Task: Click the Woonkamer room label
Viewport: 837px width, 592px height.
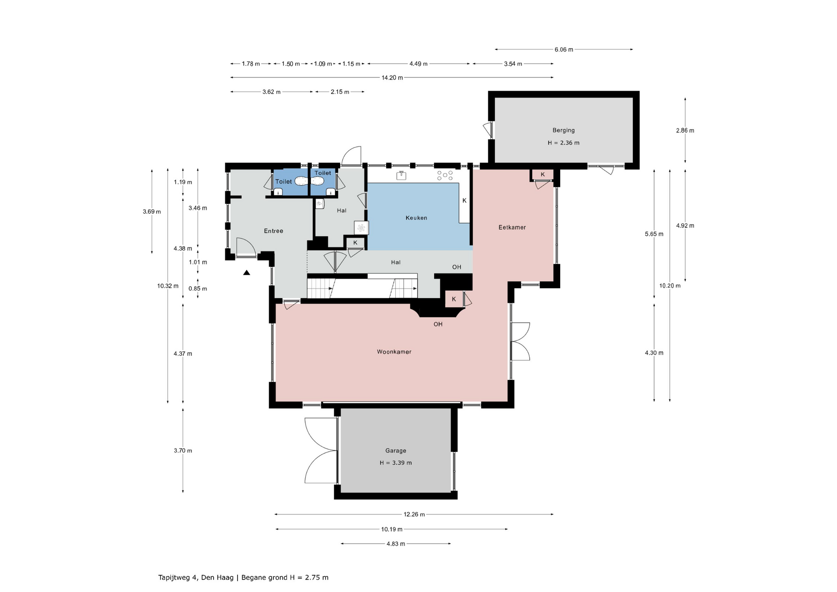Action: [x=394, y=352]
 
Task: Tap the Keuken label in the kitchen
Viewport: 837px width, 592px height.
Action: [x=416, y=218]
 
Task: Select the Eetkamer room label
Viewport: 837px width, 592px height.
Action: [x=512, y=227]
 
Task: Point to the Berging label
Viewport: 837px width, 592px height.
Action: [x=564, y=130]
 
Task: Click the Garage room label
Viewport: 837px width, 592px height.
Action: [x=396, y=451]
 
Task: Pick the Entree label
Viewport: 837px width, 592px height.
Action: [x=274, y=231]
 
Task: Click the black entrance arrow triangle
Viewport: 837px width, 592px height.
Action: [x=247, y=273]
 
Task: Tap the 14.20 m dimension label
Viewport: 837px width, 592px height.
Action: [x=392, y=78]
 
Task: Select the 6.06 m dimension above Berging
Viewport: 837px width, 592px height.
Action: [x=564, y=50]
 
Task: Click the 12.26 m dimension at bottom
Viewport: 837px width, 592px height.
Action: [x=414, y=514]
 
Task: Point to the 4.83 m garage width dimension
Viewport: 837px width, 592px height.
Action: [x=396, y=544]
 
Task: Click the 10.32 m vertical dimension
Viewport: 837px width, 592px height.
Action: [x=168, y=286]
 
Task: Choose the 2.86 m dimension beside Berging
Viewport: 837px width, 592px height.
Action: [x=685, y=130]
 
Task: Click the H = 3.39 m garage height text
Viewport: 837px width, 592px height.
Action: [x=396, y=463]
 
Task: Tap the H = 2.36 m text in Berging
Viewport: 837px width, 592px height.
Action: [x=564, y=143]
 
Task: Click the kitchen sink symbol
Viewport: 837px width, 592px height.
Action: [x=401, y=175]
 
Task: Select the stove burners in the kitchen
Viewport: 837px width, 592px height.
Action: [x=445, y=175]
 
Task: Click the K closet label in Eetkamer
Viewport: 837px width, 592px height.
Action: [x=543, y=174]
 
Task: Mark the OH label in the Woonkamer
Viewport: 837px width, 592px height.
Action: [x=438, y=324]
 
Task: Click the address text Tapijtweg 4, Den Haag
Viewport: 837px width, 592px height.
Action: [x=196, y=578]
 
